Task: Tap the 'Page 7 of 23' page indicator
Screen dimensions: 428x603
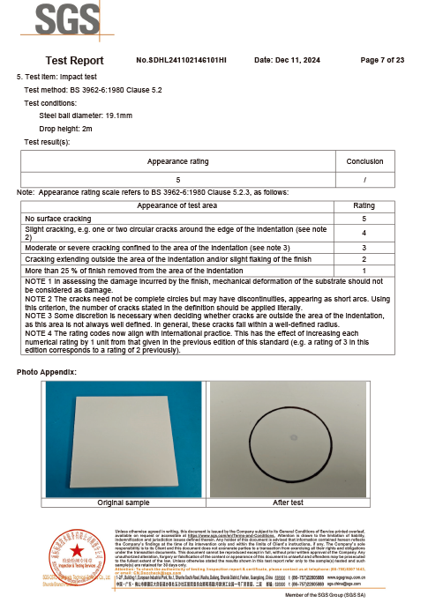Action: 382,60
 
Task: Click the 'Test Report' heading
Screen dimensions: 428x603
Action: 74,61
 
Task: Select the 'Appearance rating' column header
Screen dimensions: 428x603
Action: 178,161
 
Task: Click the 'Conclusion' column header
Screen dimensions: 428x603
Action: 364,161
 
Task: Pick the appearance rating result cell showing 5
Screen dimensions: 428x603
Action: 178,179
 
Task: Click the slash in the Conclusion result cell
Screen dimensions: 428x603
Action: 364,179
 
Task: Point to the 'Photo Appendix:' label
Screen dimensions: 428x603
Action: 47,372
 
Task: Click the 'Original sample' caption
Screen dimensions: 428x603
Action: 123,502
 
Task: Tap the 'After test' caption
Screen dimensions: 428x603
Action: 288,502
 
